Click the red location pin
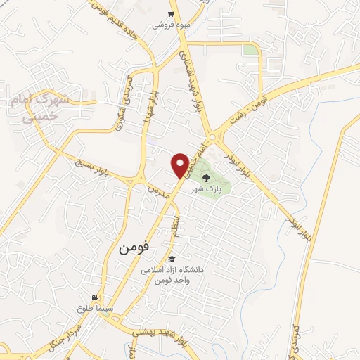pyautogui.click(x=180, y=165)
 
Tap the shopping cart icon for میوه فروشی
pyautogui.click(x=171, y=14)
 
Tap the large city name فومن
pyautogui.click(x=134, y=247)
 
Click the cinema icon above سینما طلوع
pyautogui.click(x=96, y=297)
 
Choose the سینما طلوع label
pyautogui.click(x=92, y=308)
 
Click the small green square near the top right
pyautogui.click(x=250, y=50)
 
